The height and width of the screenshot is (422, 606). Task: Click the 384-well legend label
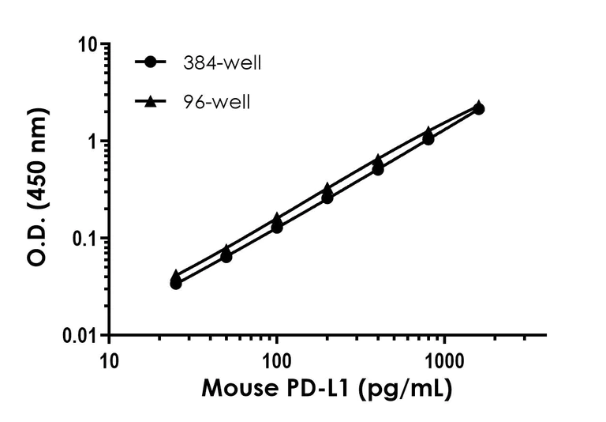click(x=221, y=63)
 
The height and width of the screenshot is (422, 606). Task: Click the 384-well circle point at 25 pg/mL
click(x=176, y=283)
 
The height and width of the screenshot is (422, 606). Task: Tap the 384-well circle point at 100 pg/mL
click(x=277, y=227)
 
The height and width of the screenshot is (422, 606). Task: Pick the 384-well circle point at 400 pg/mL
click(x=378, y=169)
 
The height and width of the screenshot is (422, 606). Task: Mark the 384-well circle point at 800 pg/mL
click(x=428, y=139)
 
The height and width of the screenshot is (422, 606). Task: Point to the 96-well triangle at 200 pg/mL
click(x=327, y=189)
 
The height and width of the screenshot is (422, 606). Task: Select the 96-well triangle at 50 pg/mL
click(x=226, y=249)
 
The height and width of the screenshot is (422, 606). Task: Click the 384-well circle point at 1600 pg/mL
click(x=479, y=109)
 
